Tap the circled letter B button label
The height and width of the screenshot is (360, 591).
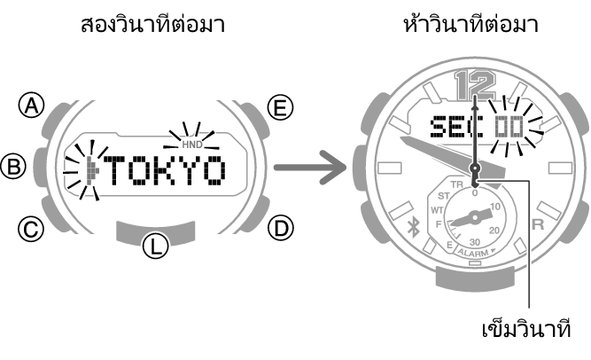(x=12, y=166)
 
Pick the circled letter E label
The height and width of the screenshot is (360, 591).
(x=280, y=108)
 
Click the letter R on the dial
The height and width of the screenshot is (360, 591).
(x=537, y=225)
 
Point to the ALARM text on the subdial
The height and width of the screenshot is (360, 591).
(x=474, y=253)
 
